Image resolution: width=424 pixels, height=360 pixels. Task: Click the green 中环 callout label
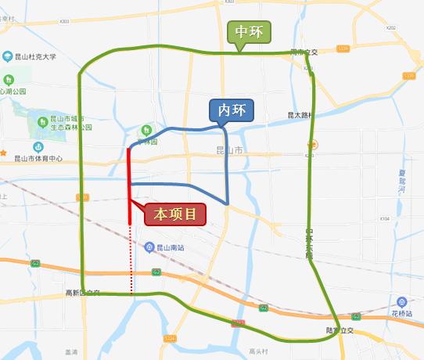(249, 32)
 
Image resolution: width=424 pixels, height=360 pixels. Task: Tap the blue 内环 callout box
(231, 110)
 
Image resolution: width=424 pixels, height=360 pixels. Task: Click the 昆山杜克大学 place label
(36, 56)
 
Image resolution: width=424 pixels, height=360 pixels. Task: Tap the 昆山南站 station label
(171, 247)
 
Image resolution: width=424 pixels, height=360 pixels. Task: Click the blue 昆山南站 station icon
(149, 247)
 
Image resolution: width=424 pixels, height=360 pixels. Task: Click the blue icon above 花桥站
(401, 302)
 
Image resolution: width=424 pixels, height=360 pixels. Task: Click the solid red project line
(129, 185)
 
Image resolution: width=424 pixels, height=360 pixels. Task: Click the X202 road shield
(391, 28)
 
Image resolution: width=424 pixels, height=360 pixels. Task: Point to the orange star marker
(4, 152)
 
